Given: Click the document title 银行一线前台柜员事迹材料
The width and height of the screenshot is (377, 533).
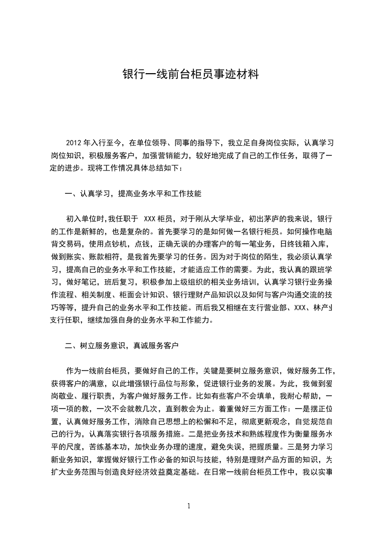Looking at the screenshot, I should [190, 75].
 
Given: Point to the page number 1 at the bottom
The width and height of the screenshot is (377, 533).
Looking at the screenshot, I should [189, 505].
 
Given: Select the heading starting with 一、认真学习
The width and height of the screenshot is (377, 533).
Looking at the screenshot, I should [133, 194].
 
